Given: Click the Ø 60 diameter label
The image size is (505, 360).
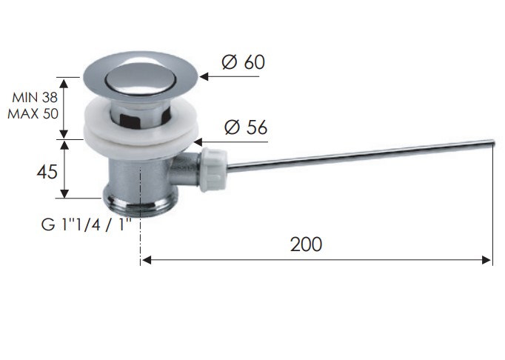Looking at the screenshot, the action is click(x=244, y=62).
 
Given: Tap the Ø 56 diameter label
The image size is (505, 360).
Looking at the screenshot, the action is click(x=246, y=127).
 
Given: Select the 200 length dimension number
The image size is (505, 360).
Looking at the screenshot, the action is click(x=306, y=244).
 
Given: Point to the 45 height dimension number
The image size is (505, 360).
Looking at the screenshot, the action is click(x=47, y=172).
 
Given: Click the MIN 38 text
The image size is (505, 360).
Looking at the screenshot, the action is click(x=35, y=97).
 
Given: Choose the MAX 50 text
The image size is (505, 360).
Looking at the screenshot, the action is click(x=33, y=114).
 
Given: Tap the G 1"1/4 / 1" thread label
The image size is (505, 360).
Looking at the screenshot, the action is click(x=87, y=224).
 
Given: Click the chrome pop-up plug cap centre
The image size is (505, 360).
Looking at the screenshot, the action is click(x=141, y=79).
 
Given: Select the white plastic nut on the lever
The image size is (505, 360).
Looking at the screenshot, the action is click(x=213, y=169).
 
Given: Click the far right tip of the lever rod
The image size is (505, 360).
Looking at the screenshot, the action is click(x=493, y=142).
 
